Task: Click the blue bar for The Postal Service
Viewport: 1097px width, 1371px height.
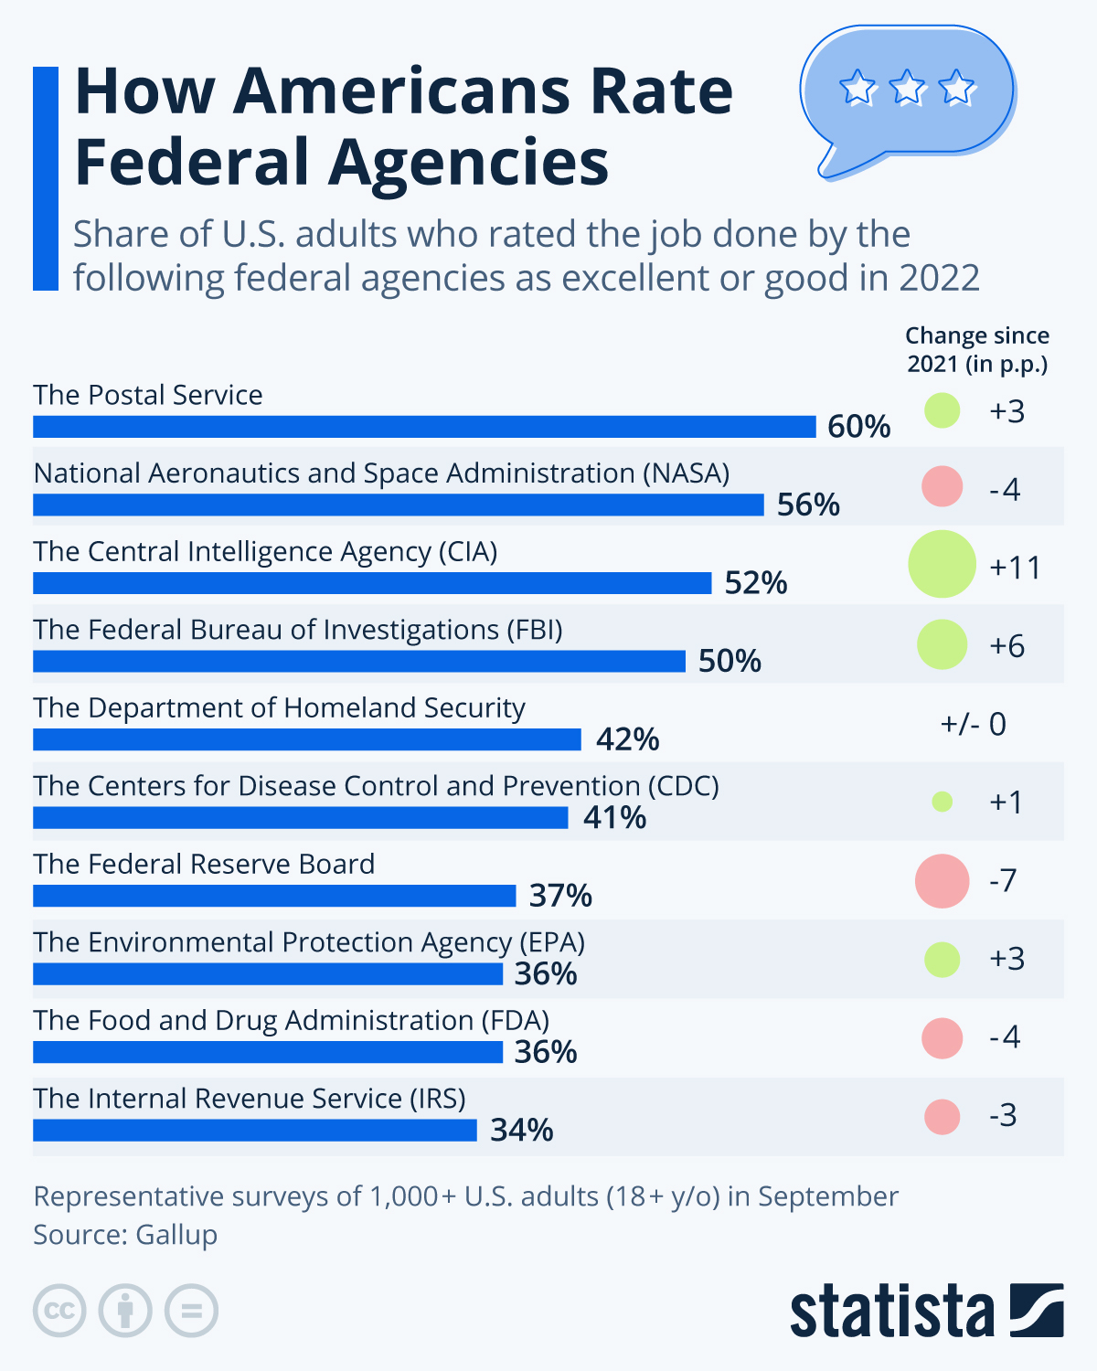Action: tap(424, 427)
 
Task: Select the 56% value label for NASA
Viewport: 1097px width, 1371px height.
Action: tap(808, 505)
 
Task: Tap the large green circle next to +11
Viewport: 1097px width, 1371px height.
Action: tap(942, 564)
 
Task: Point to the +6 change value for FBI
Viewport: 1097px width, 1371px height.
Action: tap(1006, 646)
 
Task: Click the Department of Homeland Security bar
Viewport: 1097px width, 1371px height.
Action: tap(307, 739)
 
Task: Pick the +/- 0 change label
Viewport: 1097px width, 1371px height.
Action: tap(973, 725)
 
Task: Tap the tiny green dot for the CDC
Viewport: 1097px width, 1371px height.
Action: tap(942, 802)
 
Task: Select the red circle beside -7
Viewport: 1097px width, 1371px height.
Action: tap(942, 881)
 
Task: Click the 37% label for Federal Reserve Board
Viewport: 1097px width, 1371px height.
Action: tap(560, 896)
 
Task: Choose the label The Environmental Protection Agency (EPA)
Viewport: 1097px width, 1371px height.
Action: tap(309, 942)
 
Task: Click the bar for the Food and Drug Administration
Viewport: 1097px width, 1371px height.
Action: tap(268, 1052)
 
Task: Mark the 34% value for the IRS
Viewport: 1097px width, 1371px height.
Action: tap(521, 1131)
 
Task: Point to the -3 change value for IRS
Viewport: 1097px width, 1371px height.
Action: tap(1003, 1116)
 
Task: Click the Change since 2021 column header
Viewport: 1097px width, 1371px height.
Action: tap(977, 350)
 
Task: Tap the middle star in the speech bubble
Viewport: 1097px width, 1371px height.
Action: tap(908, 89)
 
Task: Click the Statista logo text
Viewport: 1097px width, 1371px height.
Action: tap(892, 1313)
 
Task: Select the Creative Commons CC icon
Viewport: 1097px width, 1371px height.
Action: tap(59, 1311)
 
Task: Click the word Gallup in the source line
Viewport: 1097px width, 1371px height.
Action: tap(176, 1235)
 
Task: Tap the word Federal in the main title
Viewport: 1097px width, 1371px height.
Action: tap(192, 162)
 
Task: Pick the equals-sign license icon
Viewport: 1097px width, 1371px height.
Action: tap(191, 1311)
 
